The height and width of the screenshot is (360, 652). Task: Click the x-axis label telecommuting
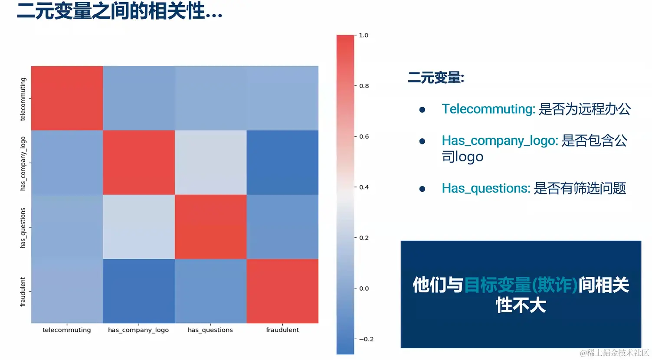(x=67, y=330)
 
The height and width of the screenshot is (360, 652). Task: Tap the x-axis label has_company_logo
(x=138, y=330)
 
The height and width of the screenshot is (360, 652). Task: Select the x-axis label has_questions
(x=210, y=330)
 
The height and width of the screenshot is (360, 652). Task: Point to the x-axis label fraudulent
(x=282, y=330)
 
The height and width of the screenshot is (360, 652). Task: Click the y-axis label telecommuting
(x=23, y=99)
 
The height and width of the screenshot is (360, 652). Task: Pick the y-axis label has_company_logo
(x=23, y=164)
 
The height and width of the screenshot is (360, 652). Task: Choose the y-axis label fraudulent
(x=23, y=292)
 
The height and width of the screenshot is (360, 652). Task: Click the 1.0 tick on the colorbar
(x=364, y=35)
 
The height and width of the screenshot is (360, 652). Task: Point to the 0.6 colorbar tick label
(x=364, y=137)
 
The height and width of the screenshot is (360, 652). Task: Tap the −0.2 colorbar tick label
(x=366, y=339)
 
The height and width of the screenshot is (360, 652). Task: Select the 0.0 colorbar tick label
(x=364, y=288)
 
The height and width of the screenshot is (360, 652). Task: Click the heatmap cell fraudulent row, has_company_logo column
(x=139, y=291)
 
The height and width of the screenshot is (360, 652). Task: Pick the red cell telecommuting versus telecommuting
(x=67, y=98)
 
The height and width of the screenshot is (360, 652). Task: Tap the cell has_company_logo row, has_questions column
(x=211, y=162)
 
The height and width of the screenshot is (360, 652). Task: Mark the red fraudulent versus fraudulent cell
(x=283, y=291)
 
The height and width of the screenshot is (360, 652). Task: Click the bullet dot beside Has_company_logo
(x=422, y=141)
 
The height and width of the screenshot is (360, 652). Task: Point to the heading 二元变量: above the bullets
(x=436, y=78)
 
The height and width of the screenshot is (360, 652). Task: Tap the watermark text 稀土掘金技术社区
(x=618, y=353)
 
